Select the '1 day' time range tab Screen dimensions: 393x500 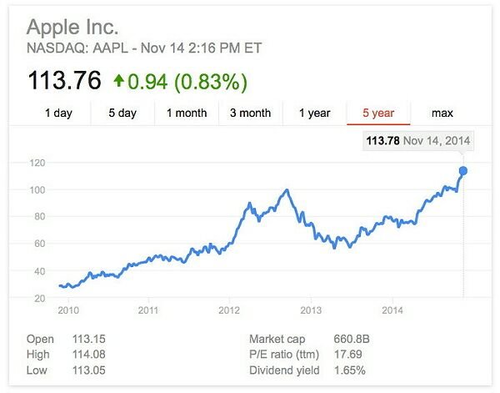[58, 113]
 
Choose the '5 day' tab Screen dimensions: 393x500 [122, 113]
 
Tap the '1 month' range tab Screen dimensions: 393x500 [187, 113]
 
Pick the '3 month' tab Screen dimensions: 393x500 [250, 113]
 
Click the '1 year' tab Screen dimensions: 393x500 [314, 113]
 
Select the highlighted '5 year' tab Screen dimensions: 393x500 [377, 113]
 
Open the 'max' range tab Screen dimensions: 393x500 [442, 113]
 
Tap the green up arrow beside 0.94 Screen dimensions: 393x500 [118, 81]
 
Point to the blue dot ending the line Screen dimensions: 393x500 [463, 171]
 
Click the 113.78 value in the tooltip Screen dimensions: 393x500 [382, 141]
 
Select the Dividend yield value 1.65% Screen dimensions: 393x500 [347, 370]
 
